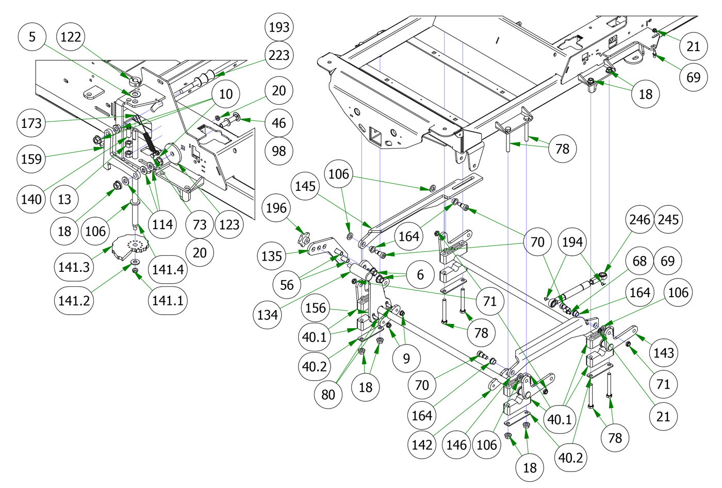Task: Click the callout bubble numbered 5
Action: [x=32, y=37]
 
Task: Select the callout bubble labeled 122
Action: [x=71, y=37]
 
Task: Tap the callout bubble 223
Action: [x=279, y=55]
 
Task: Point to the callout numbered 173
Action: [x=31, y=123]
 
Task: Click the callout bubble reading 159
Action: [x=31, y=158]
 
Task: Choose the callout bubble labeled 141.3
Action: [x=74, y=267]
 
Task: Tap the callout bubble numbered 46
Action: [x=278, y=123]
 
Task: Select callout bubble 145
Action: [x=305, y=186]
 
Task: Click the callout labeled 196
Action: [x=276, y=208]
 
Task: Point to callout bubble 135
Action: [x=272, y=256]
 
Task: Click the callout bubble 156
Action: [x=315, y=308]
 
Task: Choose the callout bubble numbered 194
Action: [x=572, y=242]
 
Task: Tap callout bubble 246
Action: [x=639, y=220]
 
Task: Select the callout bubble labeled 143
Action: [x=663, y=353]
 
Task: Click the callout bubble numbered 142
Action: [x=422, y=445]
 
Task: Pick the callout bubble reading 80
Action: [x=328, y=395]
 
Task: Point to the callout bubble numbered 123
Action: [x=229, y=224]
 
